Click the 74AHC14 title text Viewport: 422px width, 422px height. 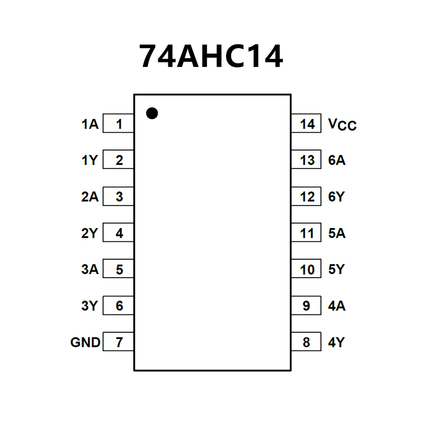pos(211,56)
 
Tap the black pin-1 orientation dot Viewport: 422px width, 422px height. pos(152,113)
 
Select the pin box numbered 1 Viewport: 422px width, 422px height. pos(118,123)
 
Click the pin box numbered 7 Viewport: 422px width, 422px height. pos(118,341)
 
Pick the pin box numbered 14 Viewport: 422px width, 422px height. pos(306,123)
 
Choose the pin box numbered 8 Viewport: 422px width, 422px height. pos(306,341)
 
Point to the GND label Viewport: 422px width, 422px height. pos(85,342)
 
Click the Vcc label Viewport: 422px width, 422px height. pos(342,125)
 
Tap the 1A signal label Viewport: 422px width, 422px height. pos(90,124)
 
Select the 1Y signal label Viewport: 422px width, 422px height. pos(90,160)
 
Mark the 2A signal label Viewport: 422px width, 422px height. pos(90,197)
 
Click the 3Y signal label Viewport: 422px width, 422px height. pos(89,306)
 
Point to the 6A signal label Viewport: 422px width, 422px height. pos(337,160)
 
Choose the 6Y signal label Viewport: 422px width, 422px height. pos(336,197)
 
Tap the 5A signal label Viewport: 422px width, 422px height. pos(337,233)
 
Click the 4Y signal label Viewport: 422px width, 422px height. pos(336,342)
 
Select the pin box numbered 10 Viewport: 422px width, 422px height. pos(306,268)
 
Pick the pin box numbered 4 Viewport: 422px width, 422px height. pos(118,233)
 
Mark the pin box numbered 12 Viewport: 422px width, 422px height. pos(306,196)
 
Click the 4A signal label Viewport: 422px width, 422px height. pos(337,306)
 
